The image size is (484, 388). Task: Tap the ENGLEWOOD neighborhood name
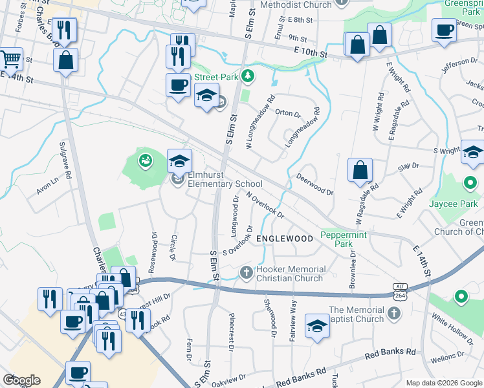pyautogui.click(x=285, y=239)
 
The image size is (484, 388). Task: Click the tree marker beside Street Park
pyautogui.click(x=247, y=77)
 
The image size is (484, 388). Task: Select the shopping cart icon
pyautogui.click(x=10, y=59)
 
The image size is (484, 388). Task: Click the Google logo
pyautogui.click(x=21, y=380)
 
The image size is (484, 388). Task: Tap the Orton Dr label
pyautogui.click(x=288, y=114)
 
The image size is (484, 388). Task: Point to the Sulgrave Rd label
pyautogui.click(x=63, y=155)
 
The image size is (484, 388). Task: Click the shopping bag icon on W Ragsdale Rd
pyautogui.click(x=360, y=170)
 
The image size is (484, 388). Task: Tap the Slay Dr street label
pyautogui.click(x=408, y=167)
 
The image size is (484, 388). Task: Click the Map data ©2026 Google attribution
pyautogui.click(x=443, y=383)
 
